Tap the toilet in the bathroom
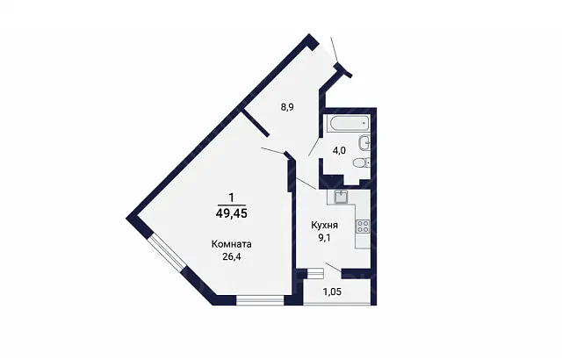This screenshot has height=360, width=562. pos(361,163)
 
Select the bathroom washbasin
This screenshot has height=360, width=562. pos(364,142)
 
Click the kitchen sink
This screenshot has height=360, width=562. pos(341,197)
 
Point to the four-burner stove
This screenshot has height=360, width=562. pos(363,226)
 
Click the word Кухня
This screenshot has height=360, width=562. pos(324,226)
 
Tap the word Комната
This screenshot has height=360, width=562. pos(232,244)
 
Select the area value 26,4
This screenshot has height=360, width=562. pos(232,256)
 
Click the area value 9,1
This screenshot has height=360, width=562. pos(324,237)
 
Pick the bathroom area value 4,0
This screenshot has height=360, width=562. pos(339,151)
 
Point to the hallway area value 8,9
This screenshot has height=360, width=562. pos(287,107)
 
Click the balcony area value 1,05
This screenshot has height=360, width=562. pos(332,292)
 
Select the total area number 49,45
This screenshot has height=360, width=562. pos(232,214)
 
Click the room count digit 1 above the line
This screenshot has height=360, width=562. pos(232,198)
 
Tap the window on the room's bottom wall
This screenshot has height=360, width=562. pos(260,300)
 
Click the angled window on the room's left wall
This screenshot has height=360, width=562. pos(168,254)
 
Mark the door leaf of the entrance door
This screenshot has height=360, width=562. pos(334,50)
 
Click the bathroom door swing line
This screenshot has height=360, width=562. pos(314,147)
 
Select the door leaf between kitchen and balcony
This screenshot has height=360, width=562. pos(334,268)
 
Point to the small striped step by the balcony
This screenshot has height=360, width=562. pos(316,273)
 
